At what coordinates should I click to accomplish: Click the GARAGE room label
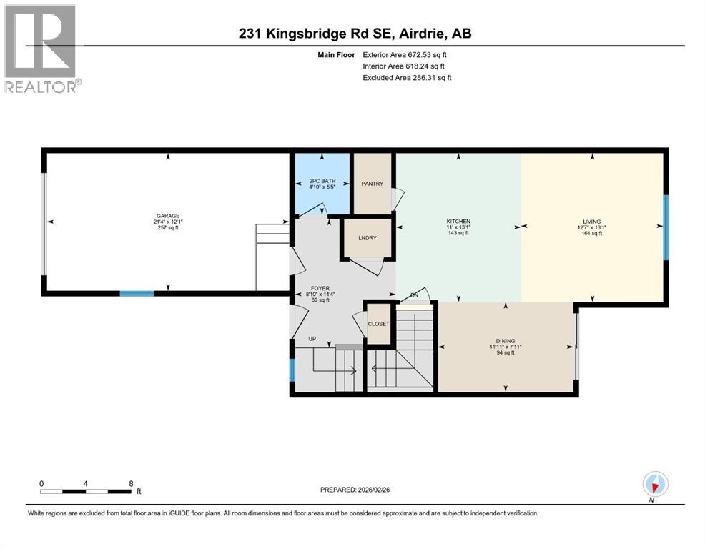point(167,215)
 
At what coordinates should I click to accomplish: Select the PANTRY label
point(373,184)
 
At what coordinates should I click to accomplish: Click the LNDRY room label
point(368,239)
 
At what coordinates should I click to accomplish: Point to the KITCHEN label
point(458,221)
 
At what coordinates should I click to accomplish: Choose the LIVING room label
point(591,221)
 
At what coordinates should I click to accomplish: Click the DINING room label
point(506,341)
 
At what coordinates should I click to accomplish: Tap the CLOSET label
point(378,324)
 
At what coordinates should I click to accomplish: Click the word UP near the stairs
point(312,338)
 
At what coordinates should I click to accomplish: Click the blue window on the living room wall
point(665,227)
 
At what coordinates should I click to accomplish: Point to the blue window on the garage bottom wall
point(137,293)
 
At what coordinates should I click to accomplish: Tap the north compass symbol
point(656,484)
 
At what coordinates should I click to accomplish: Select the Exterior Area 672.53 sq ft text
point(408,54)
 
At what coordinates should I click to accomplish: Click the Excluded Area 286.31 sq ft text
point(408,77)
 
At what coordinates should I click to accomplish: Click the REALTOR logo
point(41,49)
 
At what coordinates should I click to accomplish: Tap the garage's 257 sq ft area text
point(167,228)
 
